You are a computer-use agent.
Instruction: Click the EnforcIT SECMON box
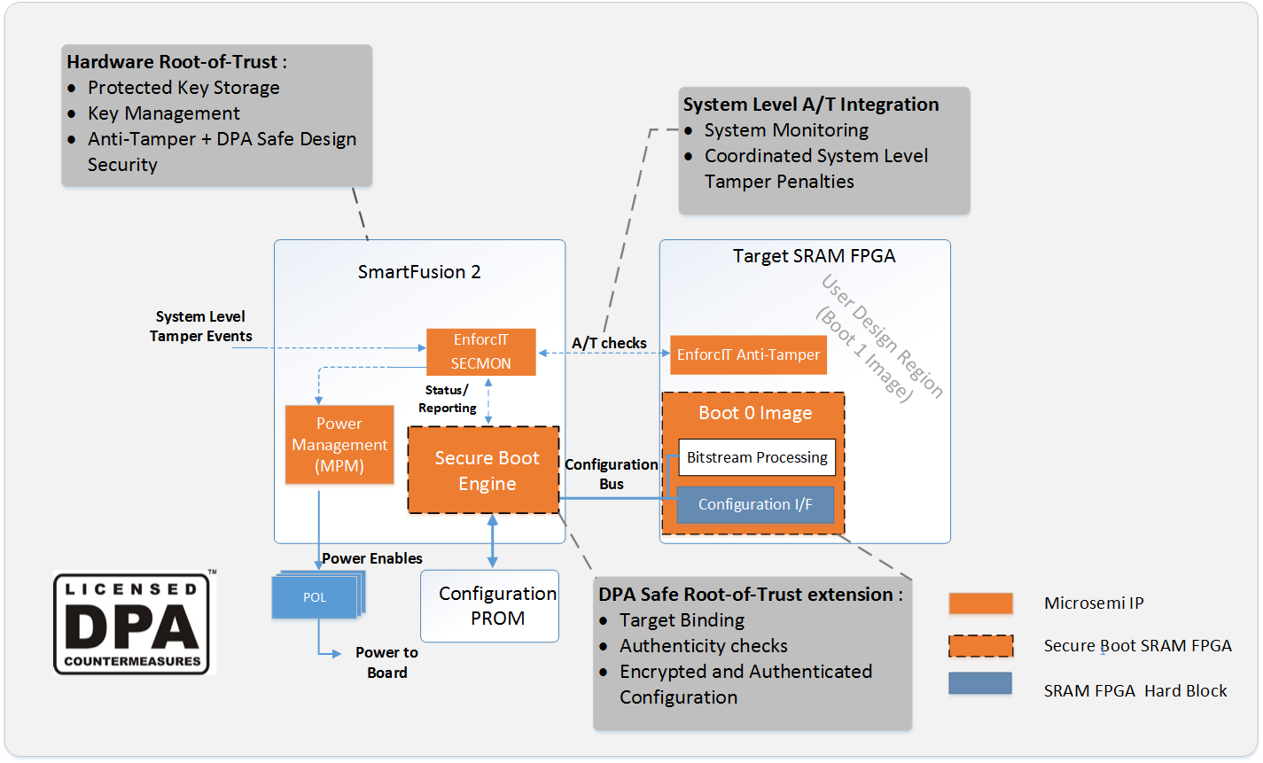point(480,352)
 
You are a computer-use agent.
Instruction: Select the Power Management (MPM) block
point(339,445)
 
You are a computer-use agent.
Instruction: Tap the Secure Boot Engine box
point(484,471)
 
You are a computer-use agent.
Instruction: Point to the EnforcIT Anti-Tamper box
point(748,354)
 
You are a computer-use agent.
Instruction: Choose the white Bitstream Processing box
point(757,457)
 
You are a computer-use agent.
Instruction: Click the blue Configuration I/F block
point(755,504)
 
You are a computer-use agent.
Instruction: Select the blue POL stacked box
point(315,597)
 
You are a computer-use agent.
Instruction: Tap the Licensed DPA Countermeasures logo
point(134,624)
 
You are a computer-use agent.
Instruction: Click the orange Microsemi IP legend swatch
point(980,603)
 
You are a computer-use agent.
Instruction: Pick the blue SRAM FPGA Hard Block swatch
point(980,683)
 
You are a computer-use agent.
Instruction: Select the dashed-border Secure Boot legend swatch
point(980,646)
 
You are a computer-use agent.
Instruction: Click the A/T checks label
point(609,343)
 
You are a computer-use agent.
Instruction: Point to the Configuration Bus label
point(612,474)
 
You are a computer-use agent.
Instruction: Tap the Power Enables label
point(372,558)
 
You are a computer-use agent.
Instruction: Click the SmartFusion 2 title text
point(419,272)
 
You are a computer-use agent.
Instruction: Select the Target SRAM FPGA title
point(814,256)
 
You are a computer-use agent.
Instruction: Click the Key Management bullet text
point(164,113)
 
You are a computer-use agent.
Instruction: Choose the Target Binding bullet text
point(682,620)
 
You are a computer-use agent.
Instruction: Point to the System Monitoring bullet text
point(786,130)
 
